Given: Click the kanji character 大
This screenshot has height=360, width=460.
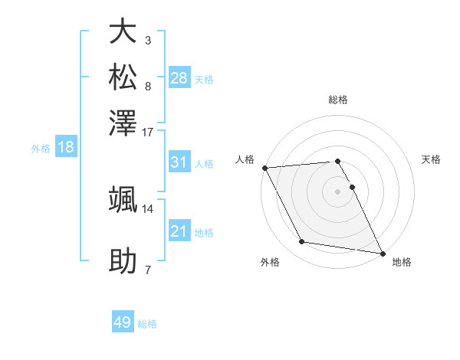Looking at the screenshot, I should [x=123, y=31].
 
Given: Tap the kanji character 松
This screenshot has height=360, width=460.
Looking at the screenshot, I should [x=123, y=77].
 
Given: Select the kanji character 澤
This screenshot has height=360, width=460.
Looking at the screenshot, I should [x=123, y=122].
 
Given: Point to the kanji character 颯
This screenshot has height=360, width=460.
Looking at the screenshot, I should [x=123, y=199].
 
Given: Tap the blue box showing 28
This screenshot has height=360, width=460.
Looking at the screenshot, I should [x=179, y=78].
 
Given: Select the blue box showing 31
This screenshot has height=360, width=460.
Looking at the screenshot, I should [x=179, y=162].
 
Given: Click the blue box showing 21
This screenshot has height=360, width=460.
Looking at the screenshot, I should [x=179, y=231].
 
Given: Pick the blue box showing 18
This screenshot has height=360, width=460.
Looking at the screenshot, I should [x=66, y=147].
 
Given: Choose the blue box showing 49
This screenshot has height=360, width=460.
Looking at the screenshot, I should [x=123, y=322].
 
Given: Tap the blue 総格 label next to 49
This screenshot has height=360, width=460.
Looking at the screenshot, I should [x=147, y=324].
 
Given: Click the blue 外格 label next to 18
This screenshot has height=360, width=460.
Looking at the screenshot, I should [x=40, y=149].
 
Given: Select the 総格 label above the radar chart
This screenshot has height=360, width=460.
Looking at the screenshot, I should [x=337, y=100].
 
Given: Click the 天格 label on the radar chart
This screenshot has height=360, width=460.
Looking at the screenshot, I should [x=432, y=159].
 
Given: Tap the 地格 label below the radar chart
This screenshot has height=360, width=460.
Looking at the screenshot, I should [x=402, y=262].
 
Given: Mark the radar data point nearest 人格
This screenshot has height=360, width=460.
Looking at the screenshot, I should [x=264, y=168].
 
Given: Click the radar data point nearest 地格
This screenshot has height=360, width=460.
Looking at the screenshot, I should [x=382, y=252].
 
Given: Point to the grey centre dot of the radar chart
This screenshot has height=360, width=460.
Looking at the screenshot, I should [x=337, y=191].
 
